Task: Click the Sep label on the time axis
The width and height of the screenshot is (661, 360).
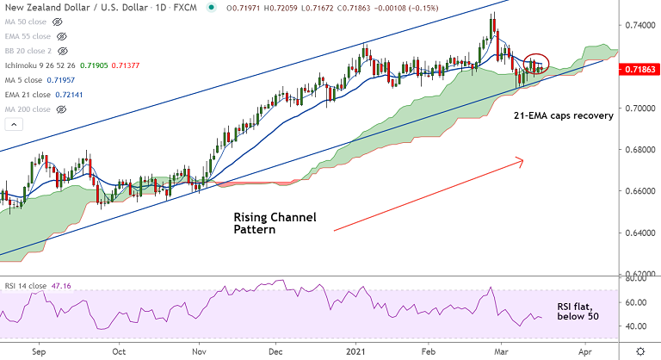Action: [x=39, y=352]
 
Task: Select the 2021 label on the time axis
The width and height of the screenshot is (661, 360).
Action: [x=355, y=352]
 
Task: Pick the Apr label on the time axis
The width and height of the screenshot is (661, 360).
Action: [x=584, y=352]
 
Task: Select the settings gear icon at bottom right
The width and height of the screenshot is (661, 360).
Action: [x=639, y=352]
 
